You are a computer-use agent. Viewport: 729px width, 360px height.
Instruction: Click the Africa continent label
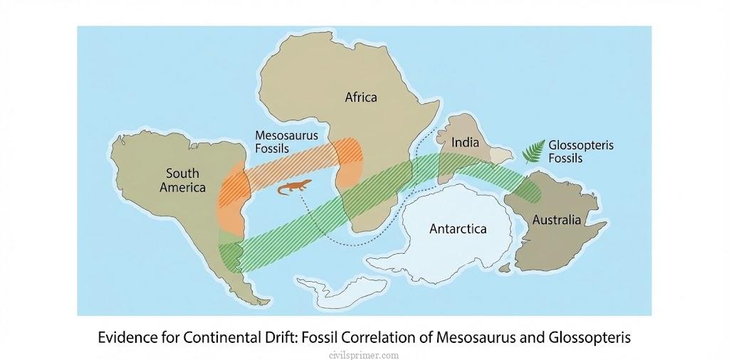click(361, 97)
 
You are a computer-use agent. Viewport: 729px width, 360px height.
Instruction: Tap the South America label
click(183, 181)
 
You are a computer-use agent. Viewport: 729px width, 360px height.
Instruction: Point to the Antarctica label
click(458, 228)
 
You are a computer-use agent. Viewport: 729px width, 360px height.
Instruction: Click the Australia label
click(557, 220)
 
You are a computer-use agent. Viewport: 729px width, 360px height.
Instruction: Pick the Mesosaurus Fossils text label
click(286, 141)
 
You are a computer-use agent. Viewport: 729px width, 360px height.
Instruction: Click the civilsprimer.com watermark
click(364, 354)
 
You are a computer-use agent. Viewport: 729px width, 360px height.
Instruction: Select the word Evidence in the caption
click(126, 337)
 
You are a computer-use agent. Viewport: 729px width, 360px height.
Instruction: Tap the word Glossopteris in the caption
click(589, 337)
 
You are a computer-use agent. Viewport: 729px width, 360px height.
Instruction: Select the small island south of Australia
click(506, 268)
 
